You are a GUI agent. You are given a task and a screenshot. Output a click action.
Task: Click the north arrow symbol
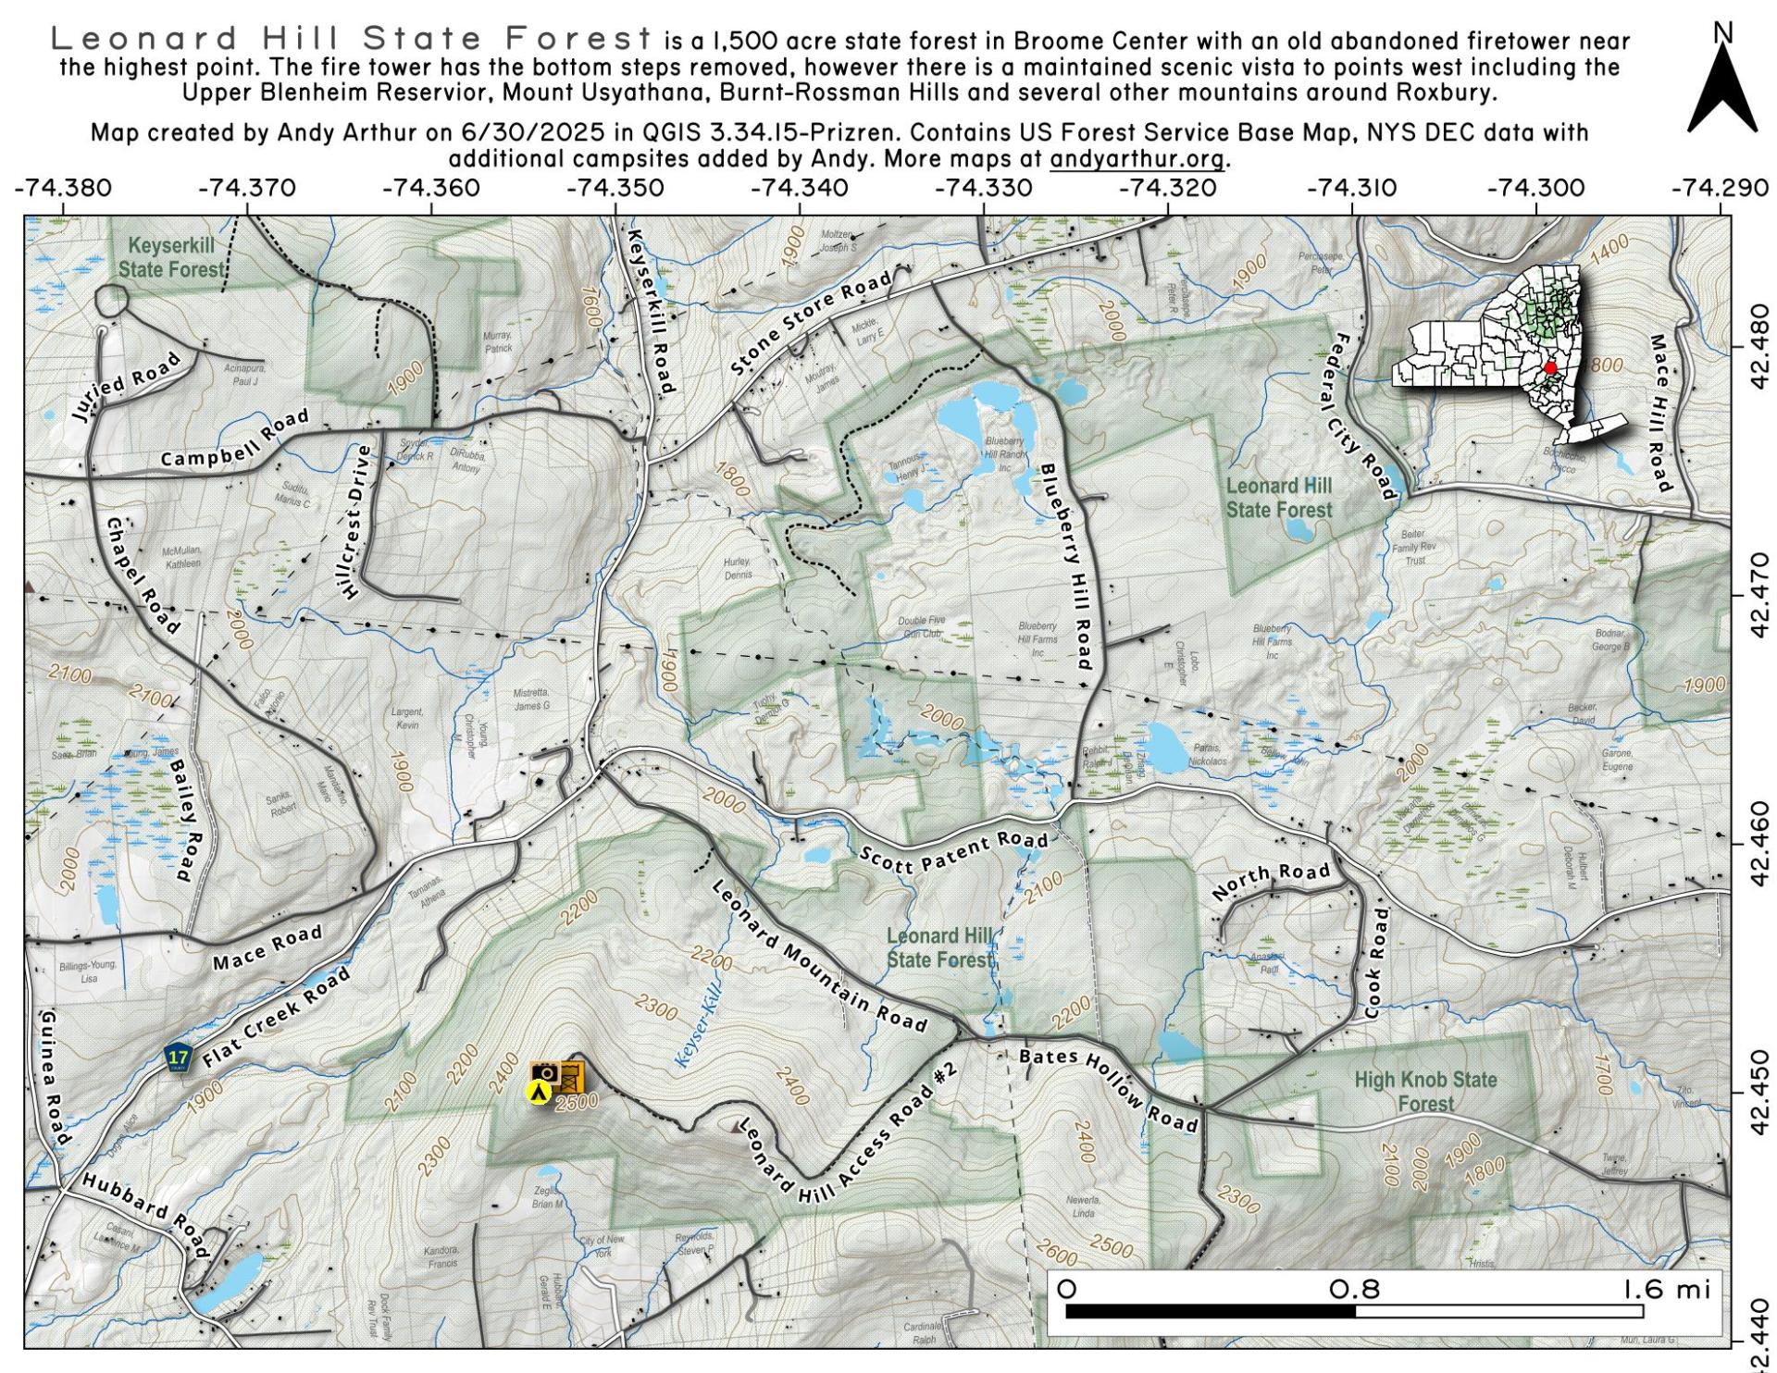pos(1721,88)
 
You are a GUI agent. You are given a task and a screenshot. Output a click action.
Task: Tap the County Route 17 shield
pos(178,1058)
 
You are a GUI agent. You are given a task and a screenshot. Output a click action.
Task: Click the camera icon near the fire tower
pos(544,1072)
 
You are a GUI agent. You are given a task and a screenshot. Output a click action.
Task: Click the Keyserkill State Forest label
pos(171,257)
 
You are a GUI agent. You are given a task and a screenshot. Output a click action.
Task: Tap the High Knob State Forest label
pos(1425,1092)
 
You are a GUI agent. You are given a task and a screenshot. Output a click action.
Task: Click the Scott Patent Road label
pos(954,852)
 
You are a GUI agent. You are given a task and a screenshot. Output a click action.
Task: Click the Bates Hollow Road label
pos(1109,1090)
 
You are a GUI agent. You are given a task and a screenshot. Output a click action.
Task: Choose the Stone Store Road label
pos(812,322)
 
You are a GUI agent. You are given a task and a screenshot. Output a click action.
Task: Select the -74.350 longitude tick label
pos(615,189)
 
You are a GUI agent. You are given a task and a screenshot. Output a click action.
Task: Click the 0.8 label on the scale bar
pos(1354,1289)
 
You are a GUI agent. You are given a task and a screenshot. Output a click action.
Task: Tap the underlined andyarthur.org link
pos(1137,159)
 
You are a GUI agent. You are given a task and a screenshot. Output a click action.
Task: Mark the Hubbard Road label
pos(146,1215)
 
